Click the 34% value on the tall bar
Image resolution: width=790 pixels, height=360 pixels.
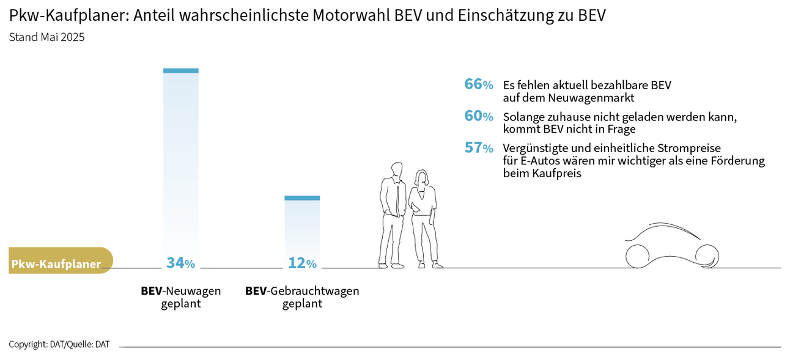click(180, 263)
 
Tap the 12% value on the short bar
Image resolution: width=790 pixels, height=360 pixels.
click(302, 263)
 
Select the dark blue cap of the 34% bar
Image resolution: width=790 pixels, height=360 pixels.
click(180, 70)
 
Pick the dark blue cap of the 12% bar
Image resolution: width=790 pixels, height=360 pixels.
click(302, 198)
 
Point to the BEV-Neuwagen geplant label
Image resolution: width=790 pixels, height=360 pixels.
click(180, 297)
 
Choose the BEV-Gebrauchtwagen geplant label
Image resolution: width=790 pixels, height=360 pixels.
click(302, 297)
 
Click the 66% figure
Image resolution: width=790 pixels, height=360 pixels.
click(479, 84)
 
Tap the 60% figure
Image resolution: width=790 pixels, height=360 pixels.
click(479, 116)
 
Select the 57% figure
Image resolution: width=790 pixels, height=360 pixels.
click(479, 148)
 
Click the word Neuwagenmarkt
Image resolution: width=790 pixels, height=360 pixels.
click(599, 98)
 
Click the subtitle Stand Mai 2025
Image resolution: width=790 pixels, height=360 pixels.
click(47, 37)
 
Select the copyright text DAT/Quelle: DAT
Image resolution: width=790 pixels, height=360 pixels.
click(59, 344)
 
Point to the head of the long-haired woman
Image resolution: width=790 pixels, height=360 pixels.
click(423, 178)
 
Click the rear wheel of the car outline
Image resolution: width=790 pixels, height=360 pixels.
click(637, 255)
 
